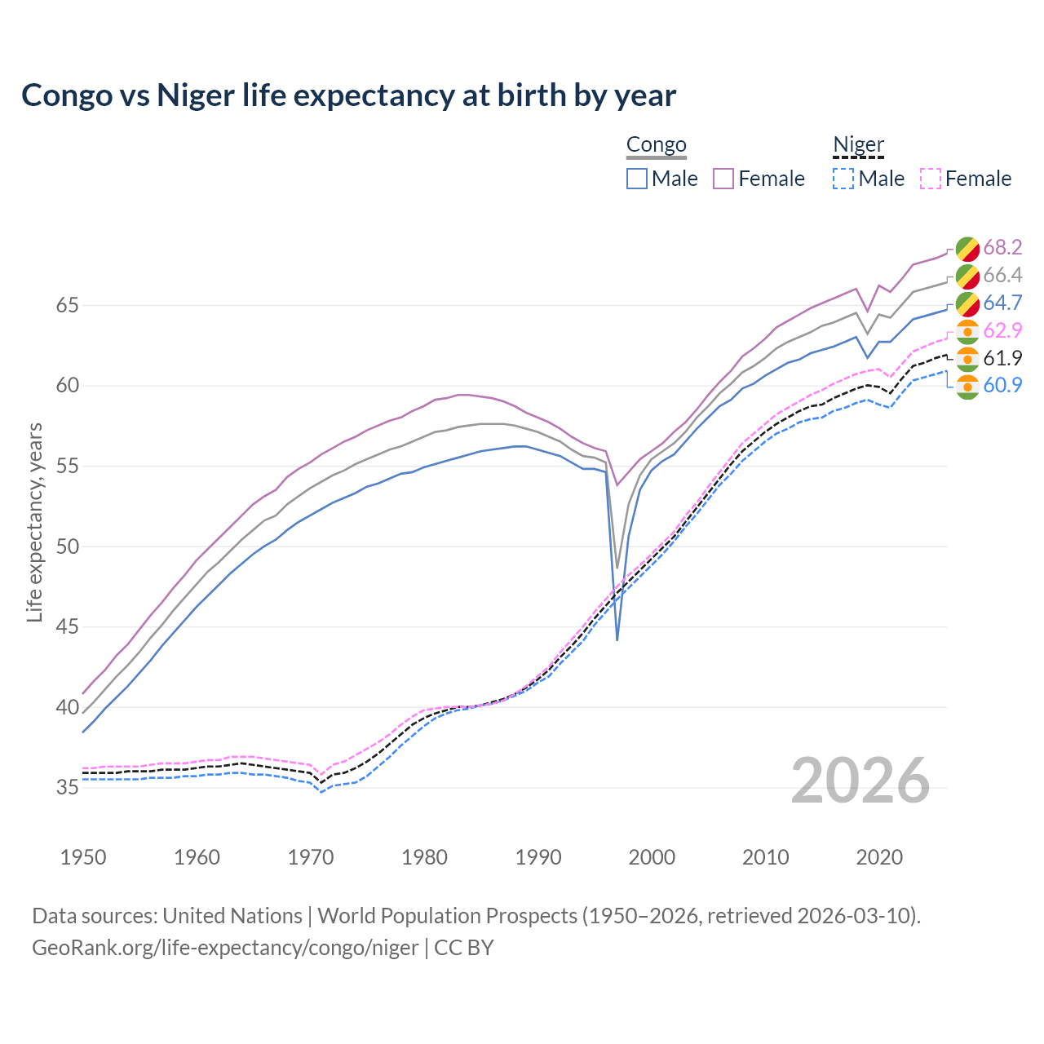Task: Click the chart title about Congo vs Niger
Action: tap(348, 95)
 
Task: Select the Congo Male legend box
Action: tap(637, 179)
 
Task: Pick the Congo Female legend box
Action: tap(724, 179)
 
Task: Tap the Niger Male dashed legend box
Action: tap(843, 179)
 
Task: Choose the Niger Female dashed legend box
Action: tap(931, 179)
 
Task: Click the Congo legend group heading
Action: tap(657, 145)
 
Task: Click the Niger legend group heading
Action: tap(858, 145)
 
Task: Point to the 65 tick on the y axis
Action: tap(67, 306)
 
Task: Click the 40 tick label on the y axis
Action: tap(67, 708)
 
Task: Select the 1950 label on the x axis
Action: tap(83, 857)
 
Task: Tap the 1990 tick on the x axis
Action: tap(538, 857)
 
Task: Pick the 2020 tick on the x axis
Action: tap(879, 857)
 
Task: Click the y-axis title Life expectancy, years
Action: tap(34, 522)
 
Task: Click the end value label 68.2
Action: tap(1002, 248)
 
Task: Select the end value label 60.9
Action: tap(1002, 386)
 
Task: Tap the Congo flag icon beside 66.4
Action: tap(967, 276)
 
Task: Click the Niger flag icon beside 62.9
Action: tap(967, 331)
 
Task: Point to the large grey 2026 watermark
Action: tap(860, 781)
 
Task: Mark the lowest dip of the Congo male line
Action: tap(617, 639)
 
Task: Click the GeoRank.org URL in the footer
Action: tap(225, 948)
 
